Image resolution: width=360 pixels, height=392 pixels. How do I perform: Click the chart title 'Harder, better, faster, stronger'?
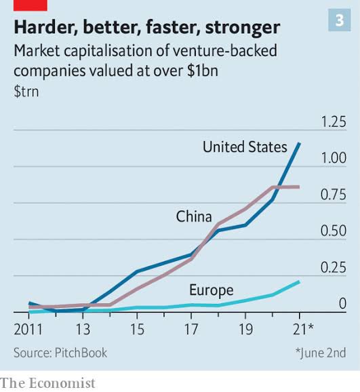pos(146,27)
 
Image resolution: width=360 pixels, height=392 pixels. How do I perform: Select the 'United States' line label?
pos(245,146)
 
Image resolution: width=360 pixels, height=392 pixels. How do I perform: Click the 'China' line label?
pos(194,216)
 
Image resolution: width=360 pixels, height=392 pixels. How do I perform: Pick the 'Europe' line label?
pos(211,290)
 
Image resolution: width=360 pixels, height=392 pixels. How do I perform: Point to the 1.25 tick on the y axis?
pos(333,122)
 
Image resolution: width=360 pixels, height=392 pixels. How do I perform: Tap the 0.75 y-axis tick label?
pos(333,195)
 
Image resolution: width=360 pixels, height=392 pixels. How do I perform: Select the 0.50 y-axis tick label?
pos(333,231)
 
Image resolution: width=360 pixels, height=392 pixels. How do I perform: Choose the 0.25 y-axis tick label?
pos(333,268)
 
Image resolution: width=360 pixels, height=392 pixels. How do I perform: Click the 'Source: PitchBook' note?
pos(60,353)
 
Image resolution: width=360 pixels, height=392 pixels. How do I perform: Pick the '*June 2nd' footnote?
pos(320,353)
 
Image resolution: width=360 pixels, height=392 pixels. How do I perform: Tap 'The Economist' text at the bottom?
pos(48,383)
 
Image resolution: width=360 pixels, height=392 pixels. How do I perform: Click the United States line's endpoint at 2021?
pos(299,144)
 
